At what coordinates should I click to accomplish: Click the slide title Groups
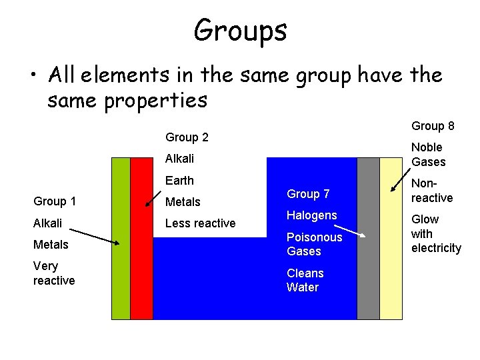(240, 30)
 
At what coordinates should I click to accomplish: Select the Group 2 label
(187, 137)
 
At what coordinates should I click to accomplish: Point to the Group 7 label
(308, 194)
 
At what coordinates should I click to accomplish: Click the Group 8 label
(433, 126)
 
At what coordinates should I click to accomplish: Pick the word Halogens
(311, 215)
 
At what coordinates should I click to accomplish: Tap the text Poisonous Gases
(314, 244)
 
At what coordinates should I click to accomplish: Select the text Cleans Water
(305, 280)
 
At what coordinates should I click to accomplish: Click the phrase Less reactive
(200, 223)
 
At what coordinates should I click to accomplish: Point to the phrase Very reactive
(54, 273)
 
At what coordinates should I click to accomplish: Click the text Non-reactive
(431, 191)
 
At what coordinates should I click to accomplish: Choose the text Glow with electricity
(436, 234)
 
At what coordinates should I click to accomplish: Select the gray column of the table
(368, 267)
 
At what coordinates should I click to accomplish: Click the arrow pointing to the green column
(93, 237)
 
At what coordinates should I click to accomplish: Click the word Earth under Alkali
(179, 181)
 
